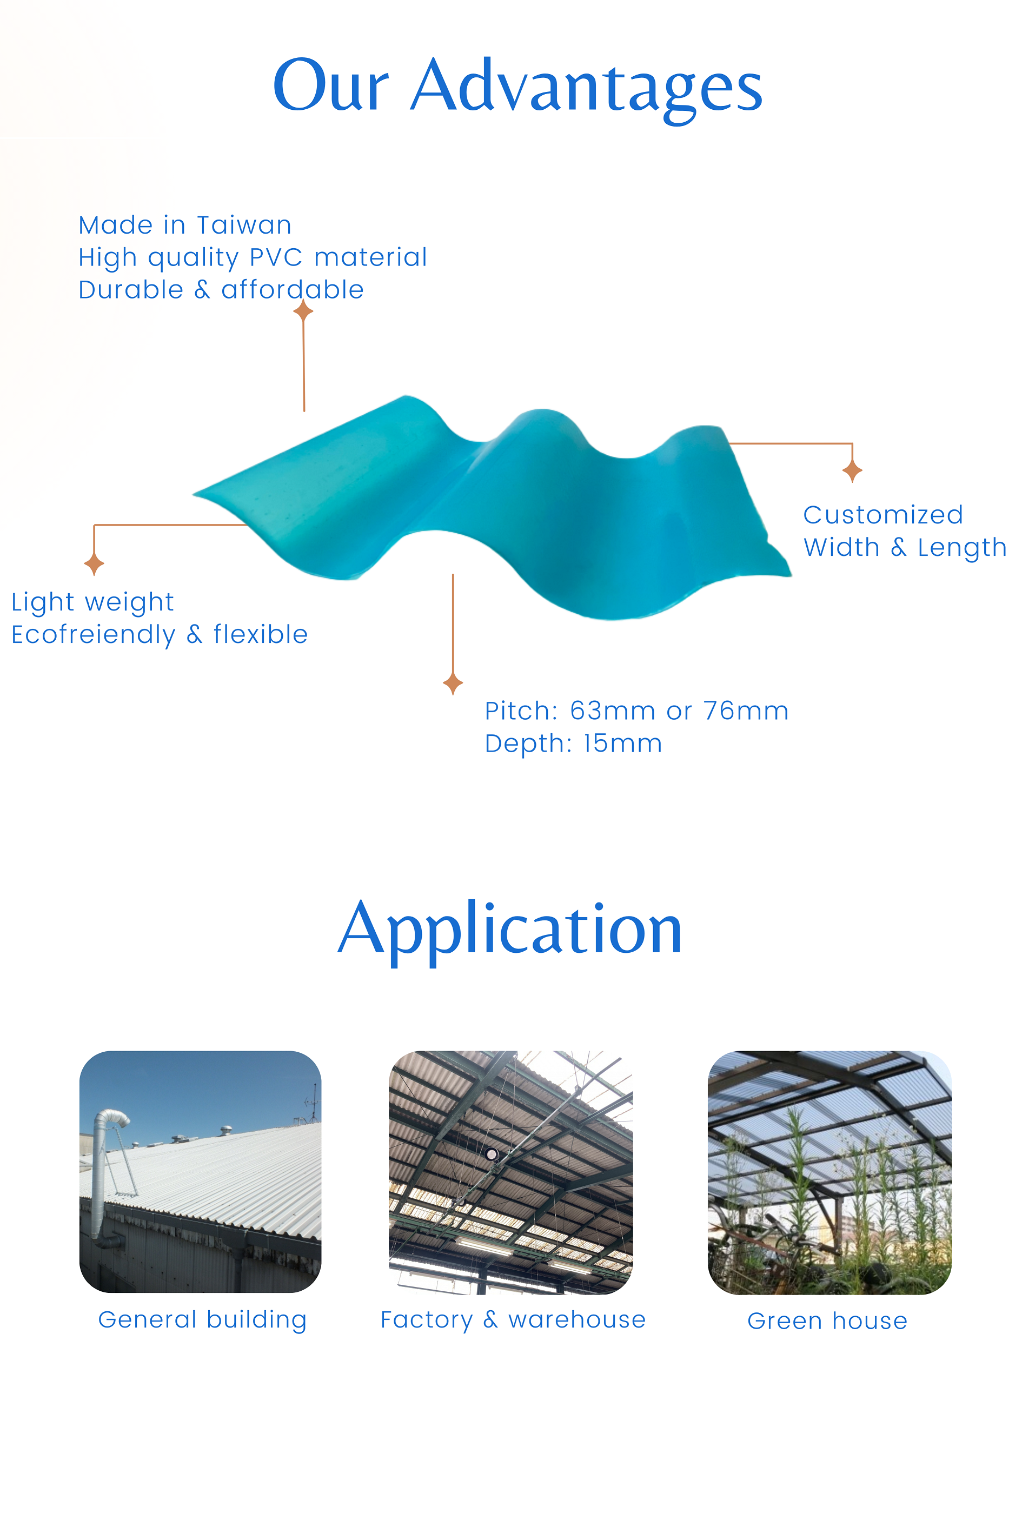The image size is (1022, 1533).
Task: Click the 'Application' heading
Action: [510, 931]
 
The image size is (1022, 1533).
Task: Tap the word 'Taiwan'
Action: [244, 225]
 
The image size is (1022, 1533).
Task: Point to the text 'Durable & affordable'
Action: [221, 289]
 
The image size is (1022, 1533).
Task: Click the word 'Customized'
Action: [883, 515]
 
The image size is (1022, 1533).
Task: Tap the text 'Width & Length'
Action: [905, 547]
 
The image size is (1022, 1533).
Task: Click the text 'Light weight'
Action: [92, 602]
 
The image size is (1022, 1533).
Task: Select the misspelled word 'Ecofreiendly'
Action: [93, 635]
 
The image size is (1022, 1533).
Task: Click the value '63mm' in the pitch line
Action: [613, 711]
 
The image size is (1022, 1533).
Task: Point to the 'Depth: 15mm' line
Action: [574, 744]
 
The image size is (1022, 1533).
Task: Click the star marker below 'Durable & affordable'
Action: [303, 311]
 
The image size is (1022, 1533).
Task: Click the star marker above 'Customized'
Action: [853, 470]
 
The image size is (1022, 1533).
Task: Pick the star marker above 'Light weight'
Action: [95, 564]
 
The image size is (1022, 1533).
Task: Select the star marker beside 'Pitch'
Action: [453, 683]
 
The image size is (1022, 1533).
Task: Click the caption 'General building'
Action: [203, 1320]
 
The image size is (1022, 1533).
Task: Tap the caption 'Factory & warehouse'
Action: [514, 1320]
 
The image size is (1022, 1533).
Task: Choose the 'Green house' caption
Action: [828, 1321]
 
